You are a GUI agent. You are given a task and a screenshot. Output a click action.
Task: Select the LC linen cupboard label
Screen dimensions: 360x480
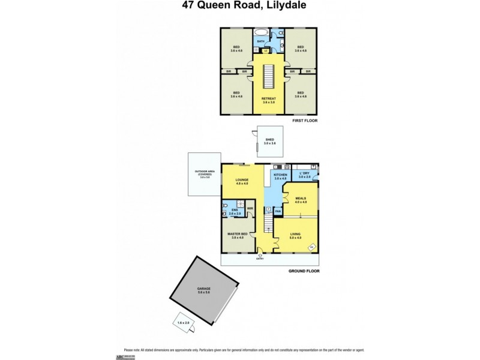pos(265,50)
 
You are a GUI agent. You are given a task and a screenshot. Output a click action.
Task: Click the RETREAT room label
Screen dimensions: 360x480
pos(268,98)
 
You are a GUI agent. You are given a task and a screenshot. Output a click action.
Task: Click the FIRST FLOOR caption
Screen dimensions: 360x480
pos(304,121)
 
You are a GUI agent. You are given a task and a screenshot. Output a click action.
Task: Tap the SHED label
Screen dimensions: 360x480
pos(269,140)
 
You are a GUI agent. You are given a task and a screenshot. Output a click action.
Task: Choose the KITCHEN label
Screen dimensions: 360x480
pos(280,175)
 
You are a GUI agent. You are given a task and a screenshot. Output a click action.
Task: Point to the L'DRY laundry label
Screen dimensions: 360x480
pos(305,175)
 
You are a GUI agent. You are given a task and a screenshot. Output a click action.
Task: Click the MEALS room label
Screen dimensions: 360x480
pos(301,198)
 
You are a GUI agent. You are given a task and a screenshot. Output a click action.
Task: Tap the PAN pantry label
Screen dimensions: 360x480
pos(278,211)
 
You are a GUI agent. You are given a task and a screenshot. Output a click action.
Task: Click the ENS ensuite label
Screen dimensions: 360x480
pos(235,209)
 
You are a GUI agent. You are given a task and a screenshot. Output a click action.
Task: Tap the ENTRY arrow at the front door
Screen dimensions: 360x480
pos(260,256)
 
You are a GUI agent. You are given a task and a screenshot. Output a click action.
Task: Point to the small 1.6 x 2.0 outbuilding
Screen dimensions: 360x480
pos(184,322)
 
